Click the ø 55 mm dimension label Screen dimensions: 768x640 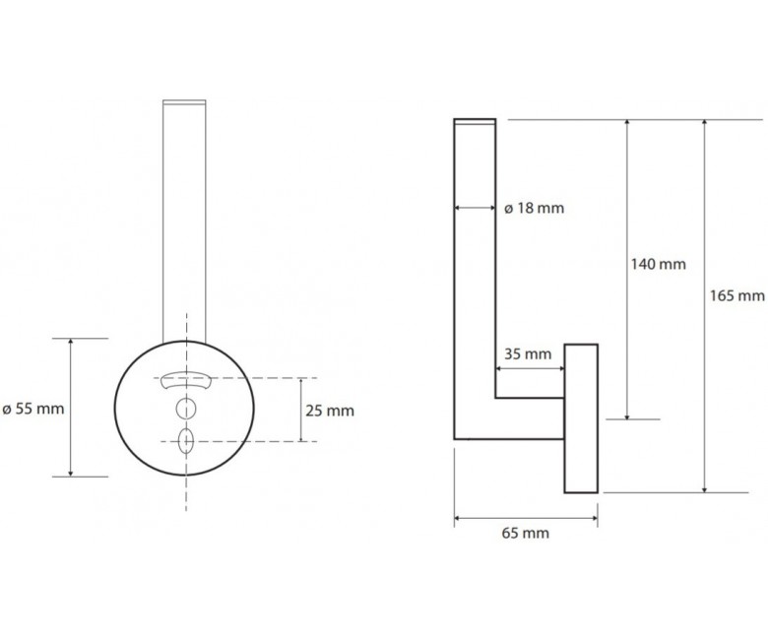(33, 409)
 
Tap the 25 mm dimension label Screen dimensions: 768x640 (330, 411)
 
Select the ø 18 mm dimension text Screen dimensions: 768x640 (534, 208)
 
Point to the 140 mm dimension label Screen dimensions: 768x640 (659, 265)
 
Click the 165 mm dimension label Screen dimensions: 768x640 (737, 295)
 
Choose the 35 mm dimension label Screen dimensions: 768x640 (528, 354)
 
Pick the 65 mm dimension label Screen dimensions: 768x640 (526, 533)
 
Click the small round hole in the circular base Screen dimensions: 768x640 (186, 409)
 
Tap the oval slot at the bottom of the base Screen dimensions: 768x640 (186, 441)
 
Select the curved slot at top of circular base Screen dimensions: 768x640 (186, 379)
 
